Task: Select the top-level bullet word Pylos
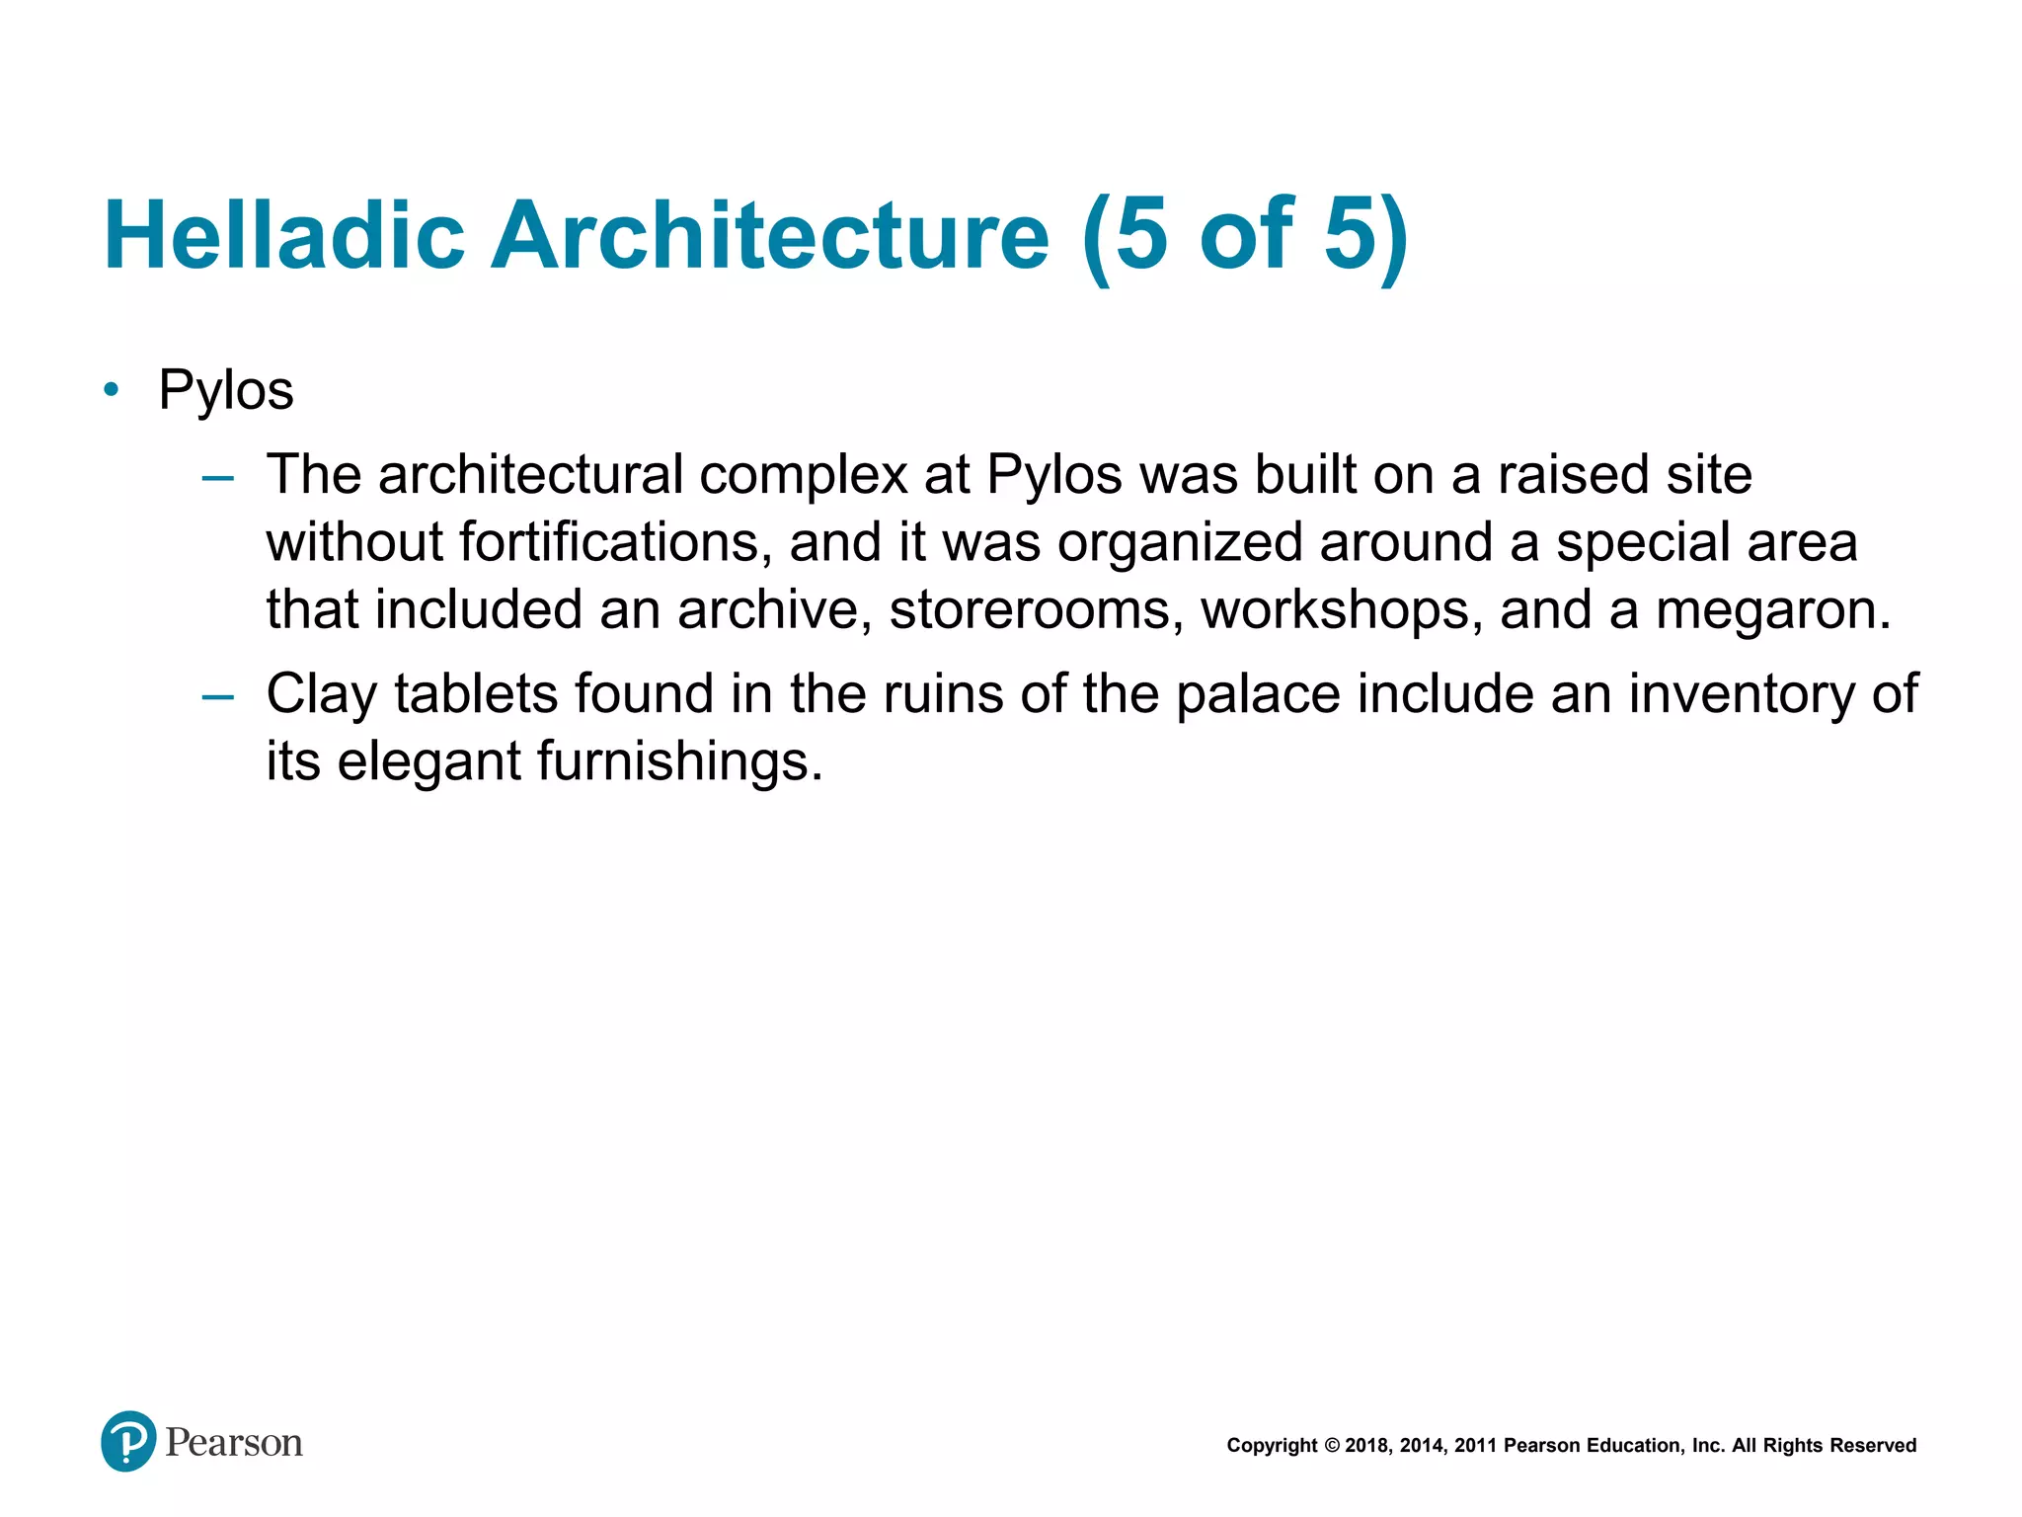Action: [226, 390]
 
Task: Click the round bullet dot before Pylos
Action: [112, 389]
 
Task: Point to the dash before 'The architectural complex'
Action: [217, 478]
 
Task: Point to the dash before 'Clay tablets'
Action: [217, 697]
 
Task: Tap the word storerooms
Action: [1036, 609]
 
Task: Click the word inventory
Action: [1741, 693]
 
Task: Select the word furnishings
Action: [678, 761]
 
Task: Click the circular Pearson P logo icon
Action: [128, 1441]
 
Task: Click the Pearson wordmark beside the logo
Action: [233, 1443]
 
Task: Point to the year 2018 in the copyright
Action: [1366, 1446]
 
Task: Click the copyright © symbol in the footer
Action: [1332, 1446]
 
